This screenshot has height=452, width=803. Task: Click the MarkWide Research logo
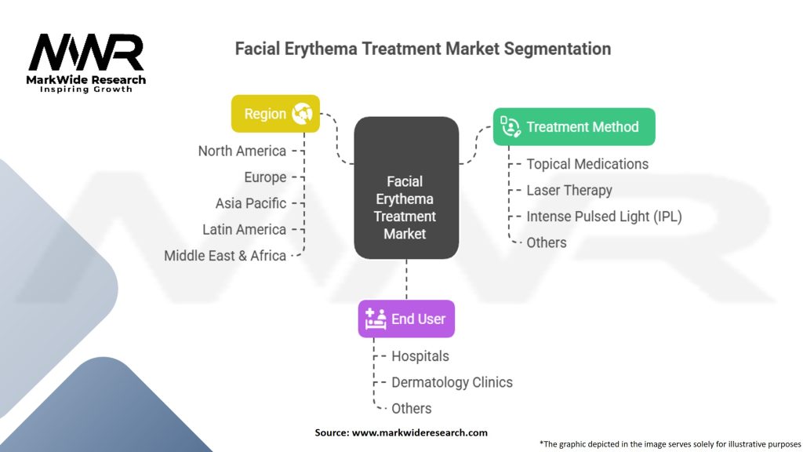[86, 61]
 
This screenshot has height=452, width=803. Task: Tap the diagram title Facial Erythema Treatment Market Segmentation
[423, 49]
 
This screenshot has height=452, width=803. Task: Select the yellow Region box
[275, 114]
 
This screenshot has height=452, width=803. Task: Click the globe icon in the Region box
[302, 114]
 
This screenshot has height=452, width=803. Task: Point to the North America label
[242, 151]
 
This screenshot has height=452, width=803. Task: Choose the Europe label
[265, 177]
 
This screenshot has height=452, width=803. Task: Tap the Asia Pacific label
[251, 203]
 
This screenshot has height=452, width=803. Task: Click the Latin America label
[244, 229]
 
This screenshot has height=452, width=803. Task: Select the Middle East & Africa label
[225, 255]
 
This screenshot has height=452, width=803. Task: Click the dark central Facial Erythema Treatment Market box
[405, 188]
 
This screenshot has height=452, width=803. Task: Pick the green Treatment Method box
[573, 126]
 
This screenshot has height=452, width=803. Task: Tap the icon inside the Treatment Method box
[511, 126]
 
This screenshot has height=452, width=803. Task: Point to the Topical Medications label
[587, 164]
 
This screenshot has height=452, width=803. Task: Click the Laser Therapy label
[569, 190]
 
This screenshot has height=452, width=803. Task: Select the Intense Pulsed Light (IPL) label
[604, 216]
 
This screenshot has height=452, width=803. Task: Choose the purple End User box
[406, 319]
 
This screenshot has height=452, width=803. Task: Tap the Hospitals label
[420, 356]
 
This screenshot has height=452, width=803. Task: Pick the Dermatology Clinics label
[452, 382]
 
